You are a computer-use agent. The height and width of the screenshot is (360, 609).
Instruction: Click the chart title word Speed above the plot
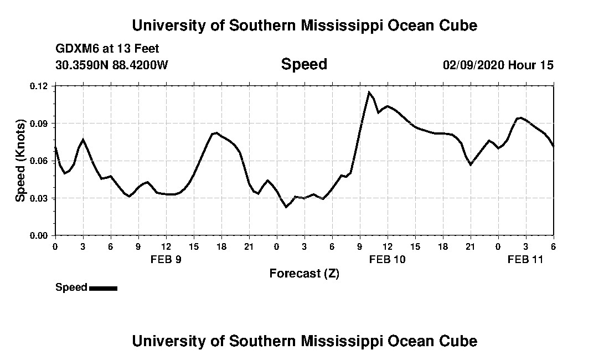(x=304, y=64)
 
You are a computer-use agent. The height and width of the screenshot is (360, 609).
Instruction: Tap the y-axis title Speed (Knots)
(x=20, y=160)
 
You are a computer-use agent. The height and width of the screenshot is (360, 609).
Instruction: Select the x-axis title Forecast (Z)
(x=304, y=273)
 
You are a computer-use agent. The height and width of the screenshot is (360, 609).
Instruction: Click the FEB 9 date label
(x=166, y=260)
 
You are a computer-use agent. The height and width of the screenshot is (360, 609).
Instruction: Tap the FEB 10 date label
(x=388, y=260)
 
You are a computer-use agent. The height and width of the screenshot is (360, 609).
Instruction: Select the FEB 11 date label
(x=525, y=260)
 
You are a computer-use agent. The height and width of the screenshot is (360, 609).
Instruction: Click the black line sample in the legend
(x=103, y=288)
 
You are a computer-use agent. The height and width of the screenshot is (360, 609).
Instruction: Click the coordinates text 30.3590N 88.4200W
(x=112, y=65)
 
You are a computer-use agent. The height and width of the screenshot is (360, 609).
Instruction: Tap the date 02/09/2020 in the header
(x=473, y=65)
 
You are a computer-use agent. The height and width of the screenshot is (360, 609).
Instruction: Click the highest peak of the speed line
(x=369, y=92)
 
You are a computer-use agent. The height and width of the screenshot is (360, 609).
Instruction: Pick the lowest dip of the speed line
(x=286, y=207)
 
